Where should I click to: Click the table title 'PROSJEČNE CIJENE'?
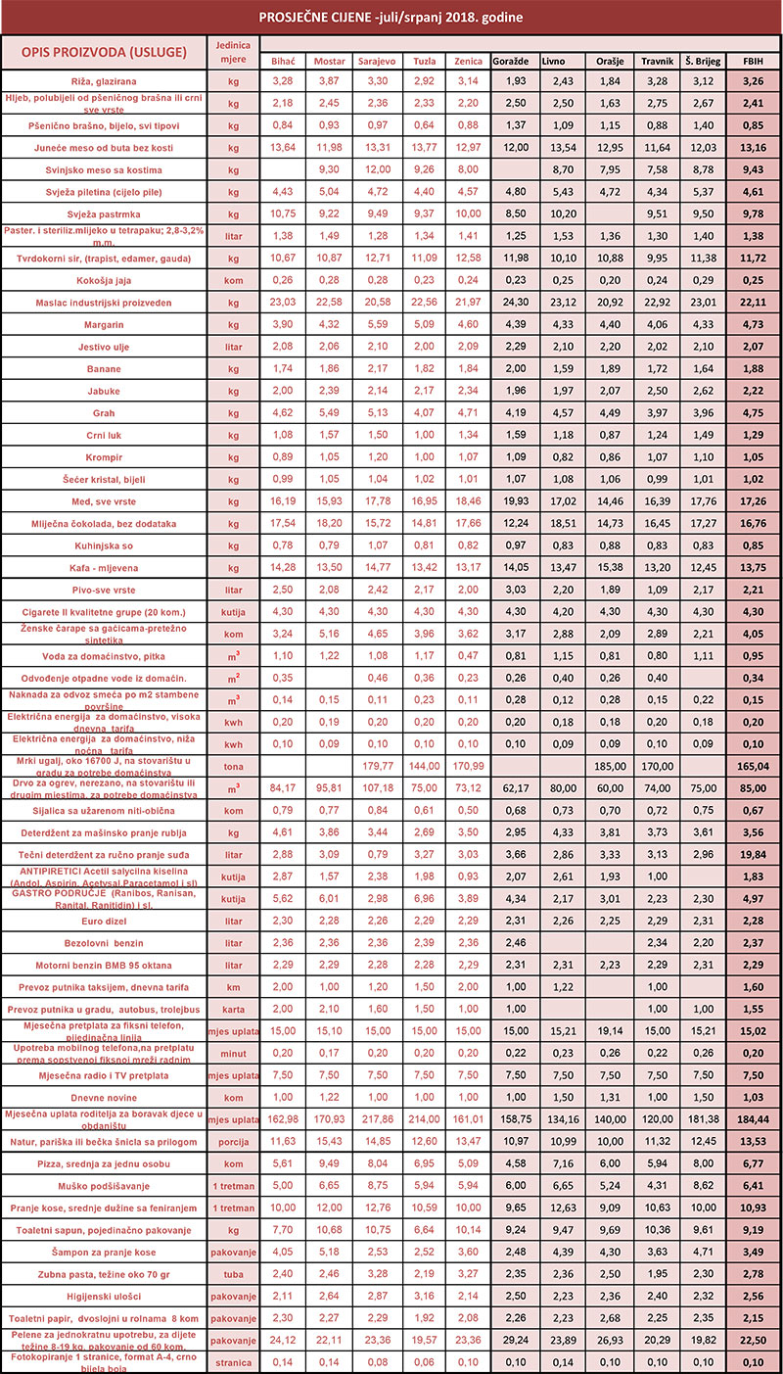391,18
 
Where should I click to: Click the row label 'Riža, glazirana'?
104,81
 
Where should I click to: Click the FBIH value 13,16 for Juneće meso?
754,149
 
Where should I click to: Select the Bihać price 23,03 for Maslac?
282,303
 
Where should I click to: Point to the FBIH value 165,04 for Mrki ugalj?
754,764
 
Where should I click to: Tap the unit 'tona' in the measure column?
233,764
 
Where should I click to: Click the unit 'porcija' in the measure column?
233,1141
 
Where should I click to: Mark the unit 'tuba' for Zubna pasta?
233,1272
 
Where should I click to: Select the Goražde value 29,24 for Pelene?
516,1339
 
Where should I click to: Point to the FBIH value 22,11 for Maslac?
754,303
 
